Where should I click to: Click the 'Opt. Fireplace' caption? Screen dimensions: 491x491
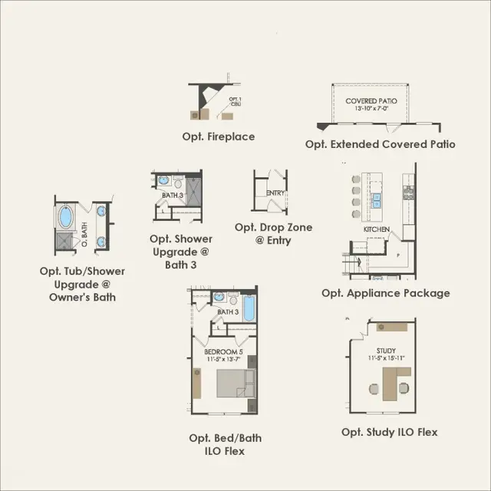pos(224,137)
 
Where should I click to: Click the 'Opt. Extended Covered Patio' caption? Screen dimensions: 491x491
pos(381,144)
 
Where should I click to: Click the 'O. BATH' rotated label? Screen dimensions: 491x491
pos(85,228)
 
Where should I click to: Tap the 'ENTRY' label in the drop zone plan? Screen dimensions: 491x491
pos(275,193)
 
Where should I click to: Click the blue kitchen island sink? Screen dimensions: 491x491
pos(377,200)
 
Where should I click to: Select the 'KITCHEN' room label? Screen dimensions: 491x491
pos(377,229)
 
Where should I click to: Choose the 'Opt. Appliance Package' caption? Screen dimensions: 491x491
pos(386,293)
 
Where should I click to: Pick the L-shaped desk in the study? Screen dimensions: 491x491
pos(394,381)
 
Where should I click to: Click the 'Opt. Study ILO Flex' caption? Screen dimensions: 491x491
pos(390,433)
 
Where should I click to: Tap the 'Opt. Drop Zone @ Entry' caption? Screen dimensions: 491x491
pos(273,234)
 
